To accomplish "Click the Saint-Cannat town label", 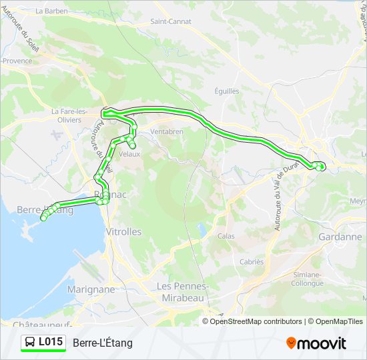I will (171, 21).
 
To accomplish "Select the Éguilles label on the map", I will (227, 91).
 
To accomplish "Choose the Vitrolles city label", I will (123, 232).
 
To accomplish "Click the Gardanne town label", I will (340, 237).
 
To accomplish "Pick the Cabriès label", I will (252, 262).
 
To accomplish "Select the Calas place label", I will (226, 236).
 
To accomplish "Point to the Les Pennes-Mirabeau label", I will (183, 292).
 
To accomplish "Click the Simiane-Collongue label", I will (308, 279).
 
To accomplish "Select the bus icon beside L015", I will (30, 343).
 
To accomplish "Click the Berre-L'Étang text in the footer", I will (103, 343).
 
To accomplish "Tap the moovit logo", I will (316, 343).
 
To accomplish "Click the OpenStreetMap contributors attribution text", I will (256, 321).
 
